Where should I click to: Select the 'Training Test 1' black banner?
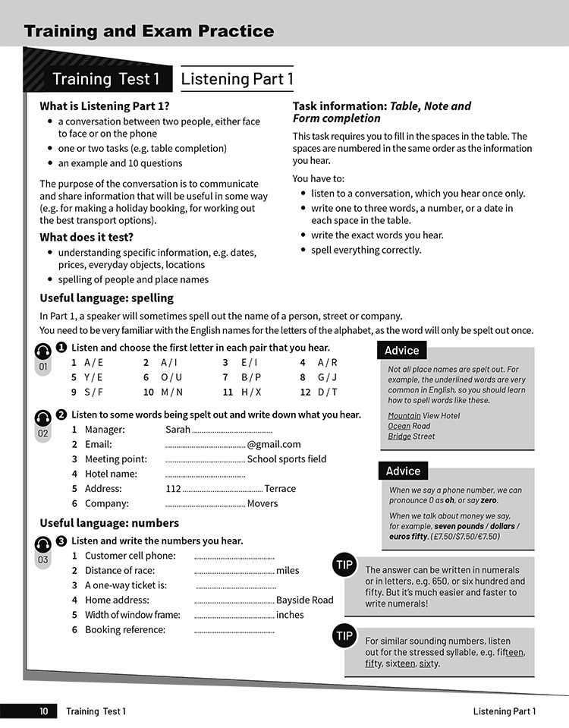(x=105, y=79)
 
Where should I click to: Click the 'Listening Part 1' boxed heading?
(x=237, y=79)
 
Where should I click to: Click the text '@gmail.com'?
(x=274, y=444)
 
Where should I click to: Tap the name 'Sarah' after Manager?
(x=178, y=430)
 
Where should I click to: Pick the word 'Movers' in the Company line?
(x=262, y=503)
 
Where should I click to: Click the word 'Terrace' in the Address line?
(x=281, y=488)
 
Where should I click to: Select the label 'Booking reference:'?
(x=124, y=629)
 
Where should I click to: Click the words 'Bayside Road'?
(x=304, y=600)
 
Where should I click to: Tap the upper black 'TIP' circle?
(x=344, y=564)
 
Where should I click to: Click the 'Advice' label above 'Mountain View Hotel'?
(x=402, y=350)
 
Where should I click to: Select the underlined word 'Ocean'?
(x=400, y=426)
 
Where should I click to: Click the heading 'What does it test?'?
(x=86, y=237)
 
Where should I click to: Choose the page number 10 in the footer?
(x=43, y=711)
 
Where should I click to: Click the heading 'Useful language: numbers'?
(x=109, y=523)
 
